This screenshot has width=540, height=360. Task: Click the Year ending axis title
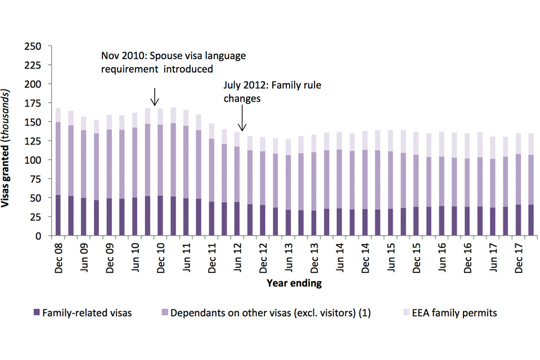coord(294,283)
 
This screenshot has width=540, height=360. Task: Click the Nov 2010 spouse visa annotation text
coord(173,63)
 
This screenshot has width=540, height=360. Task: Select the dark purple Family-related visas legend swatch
coord(37,313)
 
